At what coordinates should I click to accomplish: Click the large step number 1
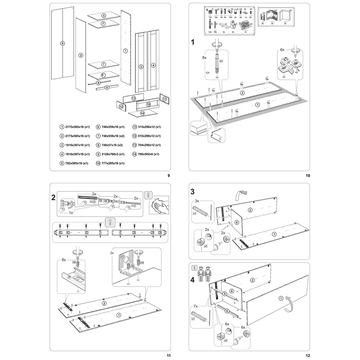click(193, 43)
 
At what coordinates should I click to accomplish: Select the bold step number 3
click(192, 190)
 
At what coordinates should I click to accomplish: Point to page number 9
click(168, 175)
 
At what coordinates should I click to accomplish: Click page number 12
click(308, 355)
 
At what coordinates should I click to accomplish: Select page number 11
click(168, 355)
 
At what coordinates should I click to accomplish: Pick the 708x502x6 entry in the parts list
click(148, 154)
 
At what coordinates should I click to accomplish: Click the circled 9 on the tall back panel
click(62, 44)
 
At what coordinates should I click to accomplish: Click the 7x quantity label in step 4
click(195, 306)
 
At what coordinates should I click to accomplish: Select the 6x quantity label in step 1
click(283, 50)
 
